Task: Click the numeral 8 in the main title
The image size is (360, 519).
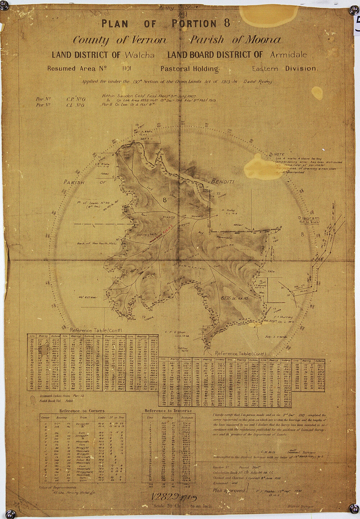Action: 226,23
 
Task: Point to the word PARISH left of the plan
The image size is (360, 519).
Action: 76,182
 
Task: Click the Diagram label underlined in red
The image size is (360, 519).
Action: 309,218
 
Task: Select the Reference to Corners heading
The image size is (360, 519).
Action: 82,410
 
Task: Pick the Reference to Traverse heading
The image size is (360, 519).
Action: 168,410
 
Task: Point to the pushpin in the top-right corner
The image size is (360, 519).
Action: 352,11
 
